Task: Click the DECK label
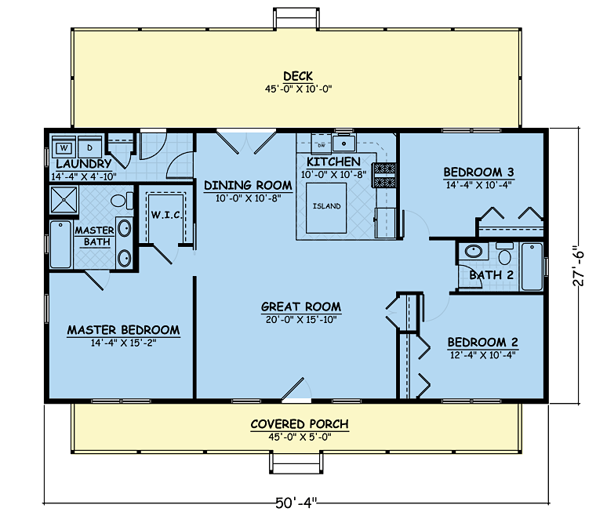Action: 298,76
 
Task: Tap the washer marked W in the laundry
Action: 64,147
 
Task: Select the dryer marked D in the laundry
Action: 89,147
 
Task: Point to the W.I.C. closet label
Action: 166,214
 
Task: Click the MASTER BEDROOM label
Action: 123,330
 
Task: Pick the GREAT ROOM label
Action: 301,307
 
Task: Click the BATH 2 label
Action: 491,274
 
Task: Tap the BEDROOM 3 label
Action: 478,172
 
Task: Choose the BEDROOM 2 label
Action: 482,343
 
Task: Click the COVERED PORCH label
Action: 299,424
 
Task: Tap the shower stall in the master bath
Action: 64,201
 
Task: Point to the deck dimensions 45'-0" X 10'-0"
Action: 298,89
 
